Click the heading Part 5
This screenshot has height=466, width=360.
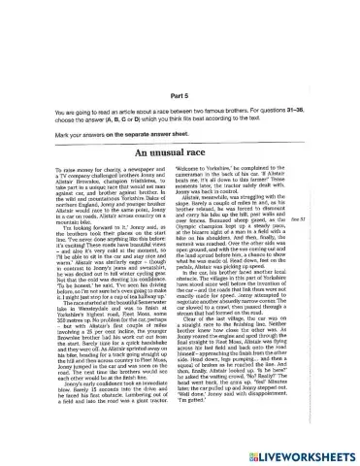(x=180, y=95)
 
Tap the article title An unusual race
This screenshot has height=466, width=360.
(x=180, y=151)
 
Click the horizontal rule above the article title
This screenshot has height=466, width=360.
(x=180, y=142)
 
